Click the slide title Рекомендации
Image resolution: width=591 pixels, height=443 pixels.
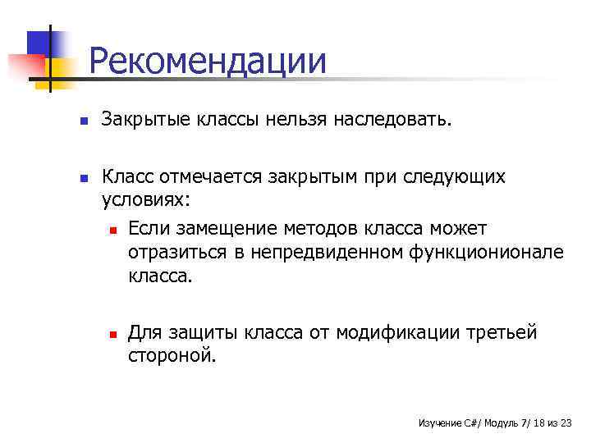pos(207,62)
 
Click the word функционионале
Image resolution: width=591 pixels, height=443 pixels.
pos(486,252)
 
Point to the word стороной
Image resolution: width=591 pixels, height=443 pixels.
pos(172,356)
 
